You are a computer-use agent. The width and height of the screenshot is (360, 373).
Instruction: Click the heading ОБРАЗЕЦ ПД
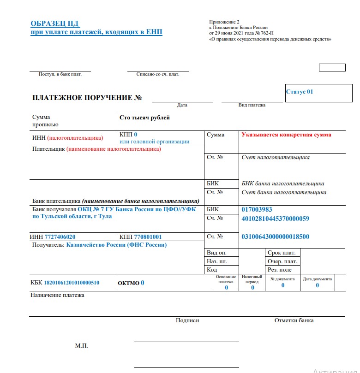[x=52, y=24]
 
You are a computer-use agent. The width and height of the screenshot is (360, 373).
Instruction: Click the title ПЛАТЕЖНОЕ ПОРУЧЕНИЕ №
[x=87, y=98]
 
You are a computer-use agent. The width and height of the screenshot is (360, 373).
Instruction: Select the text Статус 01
[x=300, y=92]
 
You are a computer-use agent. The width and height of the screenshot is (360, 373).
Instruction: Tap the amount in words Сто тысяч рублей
[x=144, y=118]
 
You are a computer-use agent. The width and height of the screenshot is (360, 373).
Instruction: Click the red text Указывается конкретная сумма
[x=286, y=135]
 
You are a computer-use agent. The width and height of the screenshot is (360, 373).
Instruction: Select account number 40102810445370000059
[x=275, y=218]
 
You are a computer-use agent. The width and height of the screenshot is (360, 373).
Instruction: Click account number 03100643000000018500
[x=275, y=237]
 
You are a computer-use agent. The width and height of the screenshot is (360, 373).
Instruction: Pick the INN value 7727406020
[x=60, y=237]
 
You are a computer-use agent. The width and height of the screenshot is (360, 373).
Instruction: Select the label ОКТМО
[x=128, y=283]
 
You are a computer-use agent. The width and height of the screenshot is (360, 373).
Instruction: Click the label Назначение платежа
[x=58, y=295]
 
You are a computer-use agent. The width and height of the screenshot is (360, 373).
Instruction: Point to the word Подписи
[x=187, y=320]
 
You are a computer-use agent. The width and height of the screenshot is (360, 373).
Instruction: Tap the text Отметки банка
[x=294, y=320]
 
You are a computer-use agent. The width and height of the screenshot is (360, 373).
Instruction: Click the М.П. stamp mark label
[x=81, y=345]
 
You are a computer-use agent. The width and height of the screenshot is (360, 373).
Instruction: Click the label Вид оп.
[x=216, y=253]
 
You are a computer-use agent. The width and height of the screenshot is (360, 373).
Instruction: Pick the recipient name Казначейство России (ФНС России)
[x=116, y=245]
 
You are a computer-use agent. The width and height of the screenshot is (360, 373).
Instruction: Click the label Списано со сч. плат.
[x=158, y=74]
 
